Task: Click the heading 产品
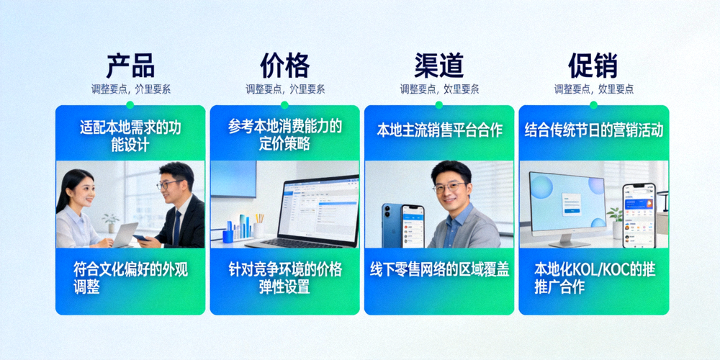tap(130, 66)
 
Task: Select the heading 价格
tap(284, 66)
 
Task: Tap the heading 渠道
tap(439, 66)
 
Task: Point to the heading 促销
tap(593, 66)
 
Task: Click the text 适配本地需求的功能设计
tap(130, 136)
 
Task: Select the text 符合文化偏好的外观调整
tap(130, 278)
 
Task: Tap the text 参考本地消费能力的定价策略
tap(284, 135)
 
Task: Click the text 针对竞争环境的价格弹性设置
tap(284, 278)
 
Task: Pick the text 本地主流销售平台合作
tap(439, 130)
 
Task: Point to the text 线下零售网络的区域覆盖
tap(439, 269)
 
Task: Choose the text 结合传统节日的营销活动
tap(593, 130)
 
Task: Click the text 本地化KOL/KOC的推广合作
tap(593, 278)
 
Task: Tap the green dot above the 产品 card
tap(130, 105)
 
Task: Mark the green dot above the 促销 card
tap(593, 105)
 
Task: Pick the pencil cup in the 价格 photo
tap(258, 229)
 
